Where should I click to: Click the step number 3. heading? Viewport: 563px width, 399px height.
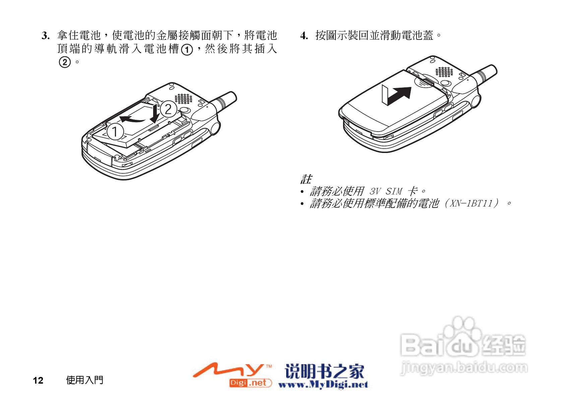tap(46, 35)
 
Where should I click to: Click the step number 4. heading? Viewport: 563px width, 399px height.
tap(304, 35)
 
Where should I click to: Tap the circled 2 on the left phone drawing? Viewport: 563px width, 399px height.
tap(168, 109)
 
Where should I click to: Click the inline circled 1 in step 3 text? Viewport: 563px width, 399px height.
tap(187, 50)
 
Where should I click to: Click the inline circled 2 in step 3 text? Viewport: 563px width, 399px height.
tap(65, 62)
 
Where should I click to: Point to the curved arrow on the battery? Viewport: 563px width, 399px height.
tap(131, 118)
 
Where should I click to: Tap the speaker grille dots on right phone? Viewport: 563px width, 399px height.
tap(444, 72)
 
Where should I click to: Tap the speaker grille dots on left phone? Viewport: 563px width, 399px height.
tap(183, 98)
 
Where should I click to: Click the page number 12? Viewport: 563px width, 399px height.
tap(38, 380)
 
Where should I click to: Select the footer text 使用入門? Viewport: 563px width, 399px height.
tap(84, 380)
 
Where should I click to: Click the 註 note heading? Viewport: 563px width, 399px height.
tap(306, 179)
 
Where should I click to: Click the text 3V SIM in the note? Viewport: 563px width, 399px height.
tap(385, 191)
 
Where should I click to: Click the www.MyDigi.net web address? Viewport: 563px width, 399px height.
tap(323, 385)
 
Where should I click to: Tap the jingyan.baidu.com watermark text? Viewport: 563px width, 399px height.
tap(464, 368)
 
